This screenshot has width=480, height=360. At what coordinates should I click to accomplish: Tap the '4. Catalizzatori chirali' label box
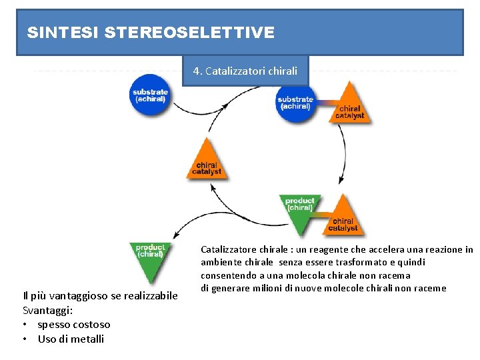(x=245, y=71)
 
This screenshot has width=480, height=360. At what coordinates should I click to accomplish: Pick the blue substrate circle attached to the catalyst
(x=295, y=103)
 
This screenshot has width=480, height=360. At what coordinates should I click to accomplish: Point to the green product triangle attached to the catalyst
(x=299, y=207)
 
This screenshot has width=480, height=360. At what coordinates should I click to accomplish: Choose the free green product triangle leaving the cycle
(x=150, y=257)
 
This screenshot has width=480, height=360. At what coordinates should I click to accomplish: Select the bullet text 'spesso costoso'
(x=74, y=325)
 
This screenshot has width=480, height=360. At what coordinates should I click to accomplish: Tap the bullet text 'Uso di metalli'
(x=71, y=339)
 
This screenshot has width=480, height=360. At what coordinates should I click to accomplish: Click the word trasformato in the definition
(x=373, y=262)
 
